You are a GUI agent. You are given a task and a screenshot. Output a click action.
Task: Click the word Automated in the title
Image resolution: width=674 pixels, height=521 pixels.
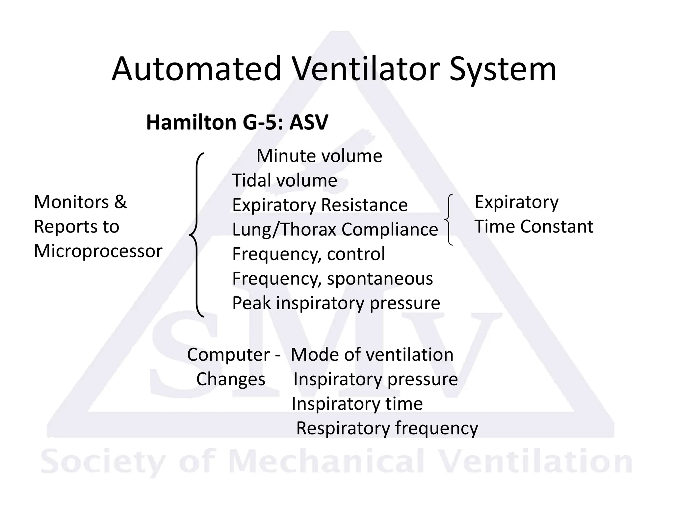click(x=196, y=69)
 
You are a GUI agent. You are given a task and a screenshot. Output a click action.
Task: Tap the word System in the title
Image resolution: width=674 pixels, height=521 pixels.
click(x=503, y=69)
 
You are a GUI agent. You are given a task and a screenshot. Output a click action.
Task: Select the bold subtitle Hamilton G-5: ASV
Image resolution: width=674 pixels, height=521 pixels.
click(x=237, y=123)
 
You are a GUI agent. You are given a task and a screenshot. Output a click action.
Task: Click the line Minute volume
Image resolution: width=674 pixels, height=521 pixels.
click(x=319, y=156)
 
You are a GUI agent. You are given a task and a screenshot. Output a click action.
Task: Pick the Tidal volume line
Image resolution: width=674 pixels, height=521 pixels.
click(x=284, y=180)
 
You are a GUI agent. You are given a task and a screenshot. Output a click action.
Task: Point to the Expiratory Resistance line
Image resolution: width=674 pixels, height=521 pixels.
click(x=320, y=205)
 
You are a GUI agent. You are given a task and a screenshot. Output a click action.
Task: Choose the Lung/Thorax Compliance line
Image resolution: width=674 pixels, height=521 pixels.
click(x=335, y=229)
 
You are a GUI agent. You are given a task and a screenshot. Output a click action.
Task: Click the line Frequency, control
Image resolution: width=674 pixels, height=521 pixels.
click(x=308, y=254)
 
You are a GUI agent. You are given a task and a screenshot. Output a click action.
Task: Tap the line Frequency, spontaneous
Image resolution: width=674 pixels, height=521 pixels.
click(x=332, y=279)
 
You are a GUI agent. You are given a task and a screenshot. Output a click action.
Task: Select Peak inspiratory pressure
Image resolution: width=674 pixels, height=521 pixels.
click(x=336, y=303)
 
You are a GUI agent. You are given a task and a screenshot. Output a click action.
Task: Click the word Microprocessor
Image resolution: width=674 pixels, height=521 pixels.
click(x=98, y=251)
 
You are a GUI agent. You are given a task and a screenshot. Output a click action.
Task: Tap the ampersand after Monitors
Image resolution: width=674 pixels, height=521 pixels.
click(x=120, y=202)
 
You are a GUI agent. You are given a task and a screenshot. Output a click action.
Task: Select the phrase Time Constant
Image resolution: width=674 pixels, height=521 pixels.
click(x=534, y=227)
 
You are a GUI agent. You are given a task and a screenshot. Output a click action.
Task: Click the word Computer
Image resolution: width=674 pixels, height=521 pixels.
click(x=228, y=355)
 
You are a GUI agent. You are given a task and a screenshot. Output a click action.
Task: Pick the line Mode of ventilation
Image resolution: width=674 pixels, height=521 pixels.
click(x=372, y=355)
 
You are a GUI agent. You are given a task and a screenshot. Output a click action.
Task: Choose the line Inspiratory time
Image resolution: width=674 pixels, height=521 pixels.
click(x=357, y=404)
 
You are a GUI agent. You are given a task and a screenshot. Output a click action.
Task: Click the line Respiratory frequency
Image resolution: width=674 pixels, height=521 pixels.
click(x=387, y=428)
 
